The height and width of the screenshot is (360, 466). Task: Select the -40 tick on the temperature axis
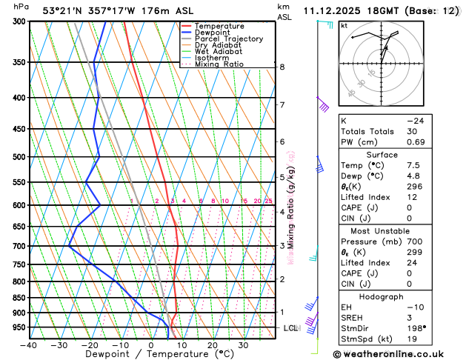[29, 345]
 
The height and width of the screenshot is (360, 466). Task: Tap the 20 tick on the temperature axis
[212, 345]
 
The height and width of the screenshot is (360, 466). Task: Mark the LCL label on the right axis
[290, 327]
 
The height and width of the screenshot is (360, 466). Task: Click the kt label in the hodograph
[344, 25]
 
